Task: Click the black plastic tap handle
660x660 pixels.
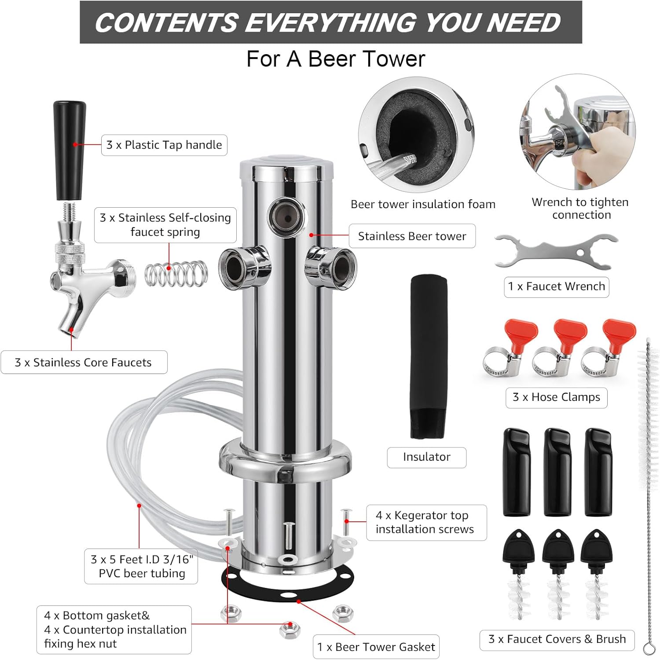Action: point(70,150)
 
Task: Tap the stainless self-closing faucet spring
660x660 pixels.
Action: point(176,274)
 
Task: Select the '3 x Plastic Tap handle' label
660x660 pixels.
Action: point(164,145)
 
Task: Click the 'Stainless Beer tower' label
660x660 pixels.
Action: point(412,236)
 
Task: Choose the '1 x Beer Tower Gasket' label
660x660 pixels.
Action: point(376,647)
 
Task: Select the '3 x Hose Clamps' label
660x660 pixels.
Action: point(556,397)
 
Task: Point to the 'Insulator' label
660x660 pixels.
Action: point(426,457)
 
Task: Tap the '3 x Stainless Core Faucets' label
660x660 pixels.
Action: point(84,363)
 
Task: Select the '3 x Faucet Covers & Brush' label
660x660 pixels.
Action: point(557,639)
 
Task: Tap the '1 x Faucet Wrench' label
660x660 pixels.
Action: point(556,287)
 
